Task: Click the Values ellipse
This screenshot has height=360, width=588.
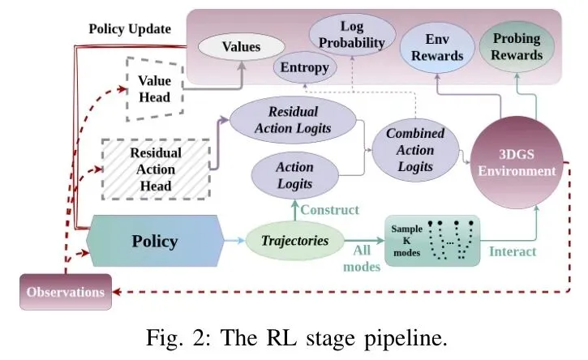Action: pyautogui.click(x=241, y=47)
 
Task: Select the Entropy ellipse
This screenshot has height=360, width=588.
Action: pyautogui.click(x=304, y=67)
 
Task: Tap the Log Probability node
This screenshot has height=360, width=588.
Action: pyautogui.click(x=352, y=35)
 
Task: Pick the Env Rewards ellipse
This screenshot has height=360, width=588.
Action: pyautogui.click(x=437, y=47)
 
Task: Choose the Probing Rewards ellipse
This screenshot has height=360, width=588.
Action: pyautogui.click(x=517, y=47)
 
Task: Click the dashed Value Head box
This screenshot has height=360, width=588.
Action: pyautogui.click(x=155, y=89)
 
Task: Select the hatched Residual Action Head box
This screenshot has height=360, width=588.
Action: pyautogui.click(x=156, y=169)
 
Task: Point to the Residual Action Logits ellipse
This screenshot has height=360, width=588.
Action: pyautogui.click(x=293, y=120)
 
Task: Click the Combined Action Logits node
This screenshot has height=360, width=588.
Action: pyautogui.click(x=415, y=150)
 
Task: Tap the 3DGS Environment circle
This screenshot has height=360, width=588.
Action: pyautogui.click(x=517, y=162)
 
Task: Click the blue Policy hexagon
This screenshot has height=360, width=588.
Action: pyautogui.click(x=155, y=241)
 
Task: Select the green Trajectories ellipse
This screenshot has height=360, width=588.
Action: pyautogui.click(x=294, y=241)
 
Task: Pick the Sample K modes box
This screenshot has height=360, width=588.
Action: pyautogui.click(x=432, y=241)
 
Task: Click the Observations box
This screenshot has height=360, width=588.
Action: pyautogui.click(x=66, y=292)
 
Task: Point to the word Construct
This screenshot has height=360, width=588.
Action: pyautogui.click(x=329, y=210)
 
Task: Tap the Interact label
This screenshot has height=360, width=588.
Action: pyautogui.click(x=513, y=251)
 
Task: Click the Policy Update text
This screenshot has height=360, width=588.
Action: pyautogui.click(x=130, y=29)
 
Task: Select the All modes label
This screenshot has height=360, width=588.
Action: pyautogui.click(x=362, y=259)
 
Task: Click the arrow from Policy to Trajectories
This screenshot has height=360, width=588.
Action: pyautogui.click(x=235, y=240)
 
